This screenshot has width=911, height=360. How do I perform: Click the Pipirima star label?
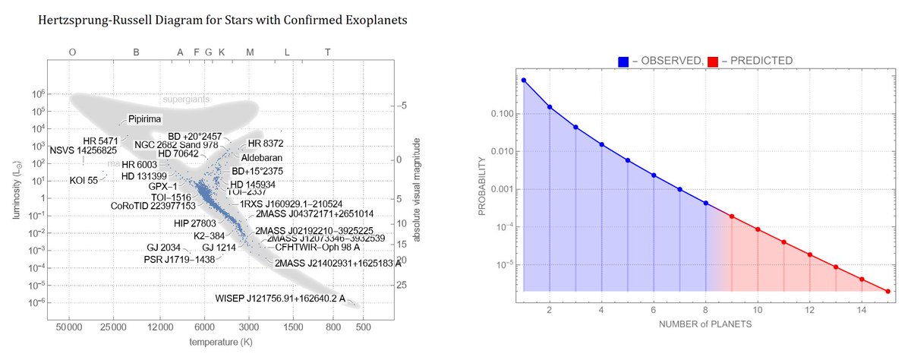pos(144,118)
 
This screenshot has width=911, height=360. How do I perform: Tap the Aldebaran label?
pos(261,157)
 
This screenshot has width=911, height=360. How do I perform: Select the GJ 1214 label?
pos(219,248)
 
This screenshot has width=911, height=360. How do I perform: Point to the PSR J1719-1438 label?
pos(179,259)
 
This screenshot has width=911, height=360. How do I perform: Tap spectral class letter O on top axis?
pos(72,52)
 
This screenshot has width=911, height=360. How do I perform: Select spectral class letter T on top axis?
pos(327,52)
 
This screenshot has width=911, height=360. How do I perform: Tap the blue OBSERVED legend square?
pos(623,60)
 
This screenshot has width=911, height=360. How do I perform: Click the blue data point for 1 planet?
pos(524,80)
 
